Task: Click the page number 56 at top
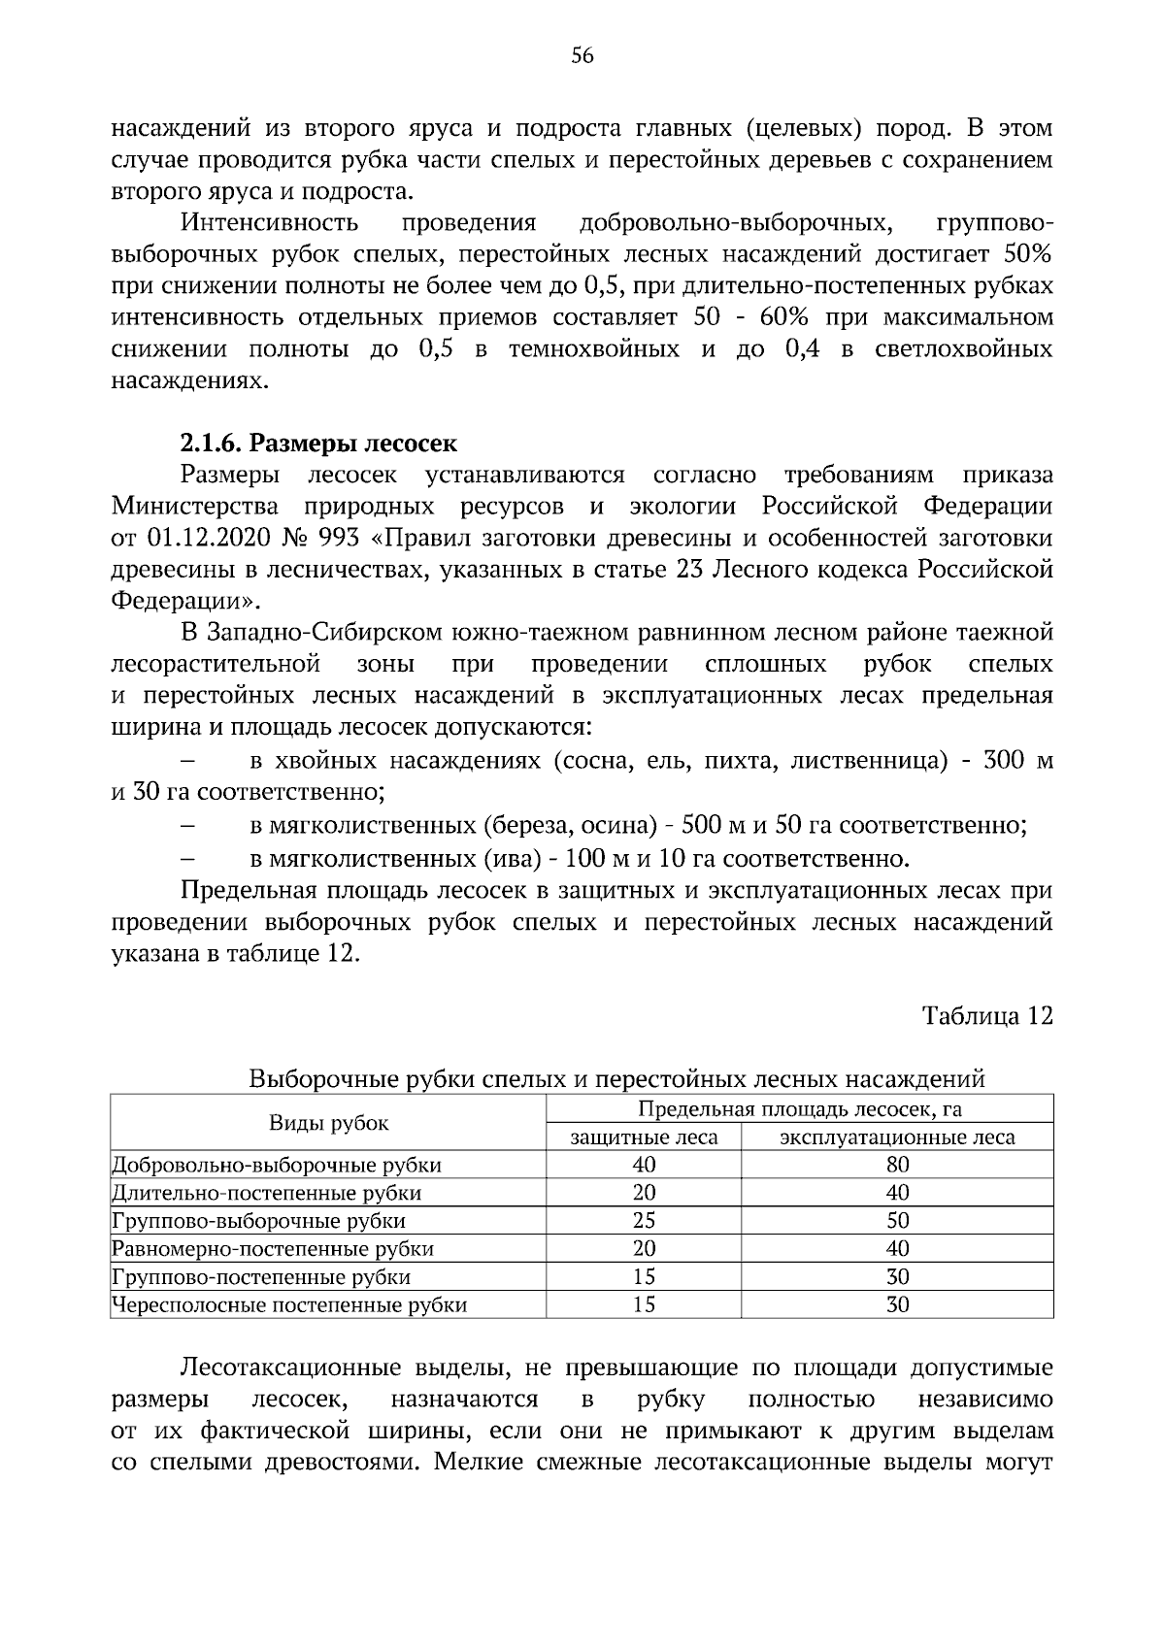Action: (x=582, y=55)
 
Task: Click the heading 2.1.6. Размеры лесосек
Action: (x=318, y=444)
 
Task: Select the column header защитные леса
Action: (x=644, y=1137)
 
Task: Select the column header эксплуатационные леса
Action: (x=897, y=1137)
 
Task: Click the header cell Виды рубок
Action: (x=328, y=1123)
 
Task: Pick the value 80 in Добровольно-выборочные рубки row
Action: (x=897, y=1165)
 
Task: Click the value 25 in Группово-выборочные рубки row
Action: (x=644, y=1221)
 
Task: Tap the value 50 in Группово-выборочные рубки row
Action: (x=897, y=1221)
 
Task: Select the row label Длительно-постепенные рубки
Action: (x=267, y=1193)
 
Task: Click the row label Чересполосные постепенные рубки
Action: (x=289, y=1305)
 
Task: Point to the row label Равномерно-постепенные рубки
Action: (x=273, y=1249)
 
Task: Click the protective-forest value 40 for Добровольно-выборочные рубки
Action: (x=644, y=1165)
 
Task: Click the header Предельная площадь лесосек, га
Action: (x=800, y=1109)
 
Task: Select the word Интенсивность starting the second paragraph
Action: (x=269, y=224)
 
